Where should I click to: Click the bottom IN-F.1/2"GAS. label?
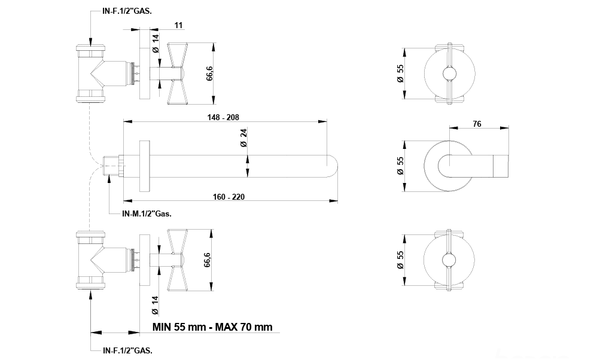(x=127, y=350)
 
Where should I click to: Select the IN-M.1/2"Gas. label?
(x=147, y=213)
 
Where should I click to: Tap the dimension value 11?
(x=178, y=25)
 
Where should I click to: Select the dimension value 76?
(x=477, y=124)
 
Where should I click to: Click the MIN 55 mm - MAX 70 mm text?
(x=212, y=327)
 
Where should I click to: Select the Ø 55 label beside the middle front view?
(x=400, y=166)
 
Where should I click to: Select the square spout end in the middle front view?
(x=501, y=166)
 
